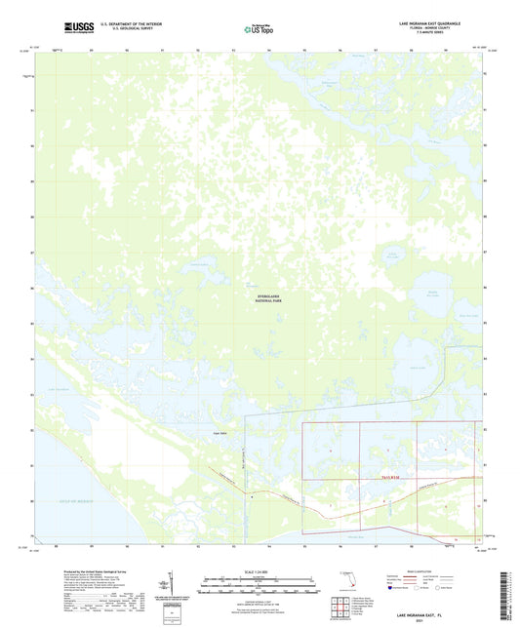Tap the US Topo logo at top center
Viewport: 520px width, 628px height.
[259, 29]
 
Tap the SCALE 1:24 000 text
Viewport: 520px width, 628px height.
[259, 570]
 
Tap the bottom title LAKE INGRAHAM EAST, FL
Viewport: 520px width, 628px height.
[436, 618]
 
